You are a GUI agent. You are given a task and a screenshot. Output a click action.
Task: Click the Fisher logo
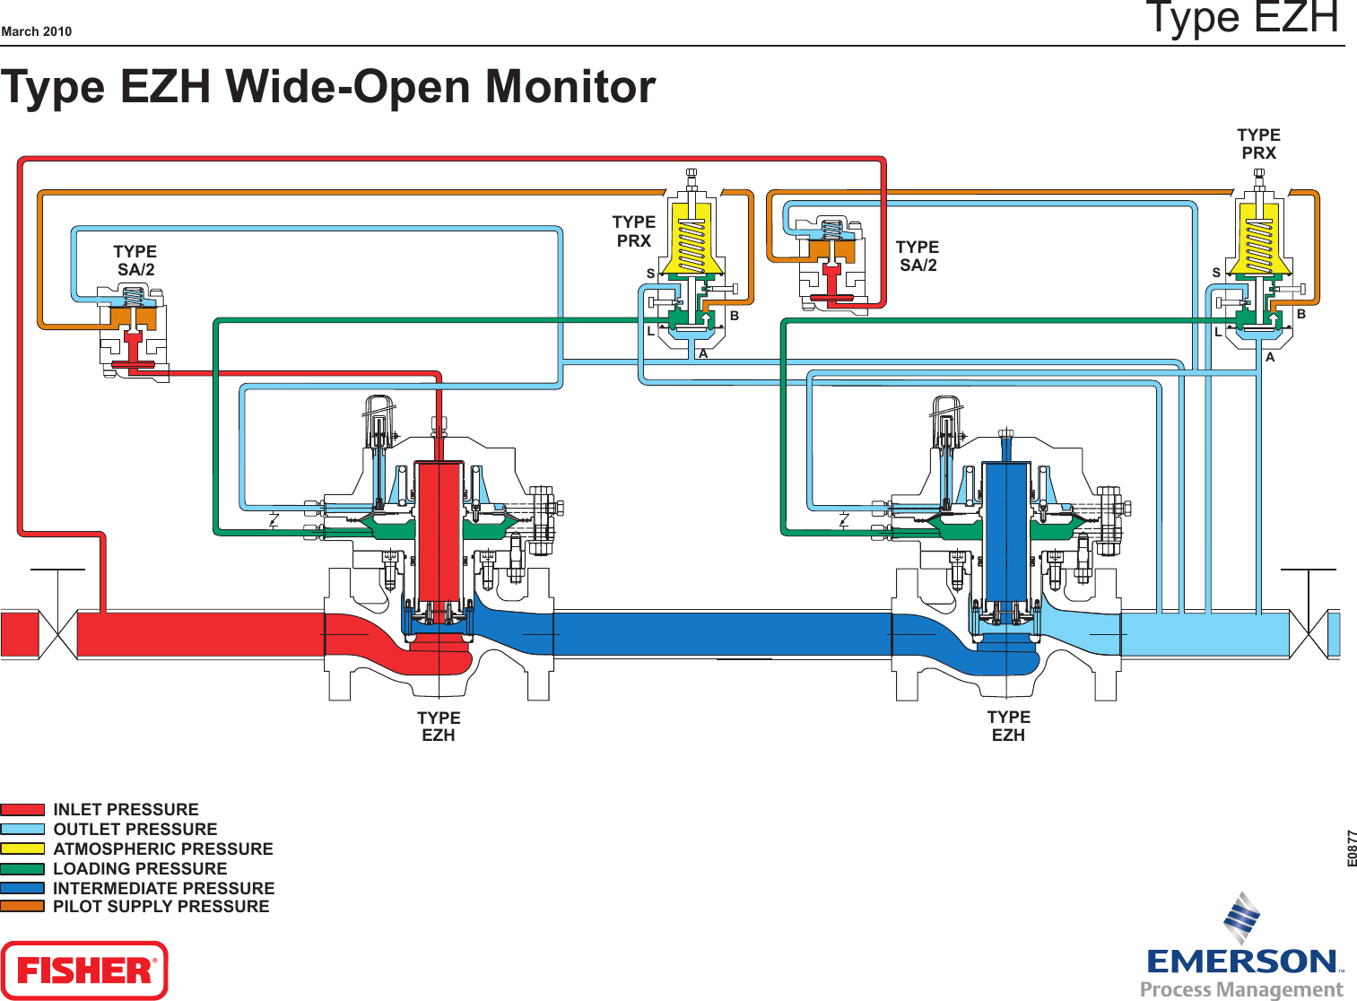(84, 970)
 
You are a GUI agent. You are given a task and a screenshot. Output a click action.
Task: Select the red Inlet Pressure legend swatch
(22, 809)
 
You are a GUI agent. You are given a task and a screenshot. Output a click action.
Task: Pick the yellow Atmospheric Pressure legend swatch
(22, 849)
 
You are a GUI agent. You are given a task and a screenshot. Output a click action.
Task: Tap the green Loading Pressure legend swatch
(22, 868)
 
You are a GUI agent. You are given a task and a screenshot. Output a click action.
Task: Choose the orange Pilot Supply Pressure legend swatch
(22, 906)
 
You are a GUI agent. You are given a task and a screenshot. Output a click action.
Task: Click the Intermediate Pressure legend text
(163, 888)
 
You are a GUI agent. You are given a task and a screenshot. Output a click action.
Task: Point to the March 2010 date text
(37, 31)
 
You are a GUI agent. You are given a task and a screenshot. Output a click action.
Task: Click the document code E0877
(1352, 848)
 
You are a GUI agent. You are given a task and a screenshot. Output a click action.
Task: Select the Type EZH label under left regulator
(439, 727)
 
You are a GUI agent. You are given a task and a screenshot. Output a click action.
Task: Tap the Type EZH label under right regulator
(1008, 726)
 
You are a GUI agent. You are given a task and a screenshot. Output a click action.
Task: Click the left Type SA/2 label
(135, 260)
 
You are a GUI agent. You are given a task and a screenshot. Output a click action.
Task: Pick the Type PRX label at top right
(1258, 144)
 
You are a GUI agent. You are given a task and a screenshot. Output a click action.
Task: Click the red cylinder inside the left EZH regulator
(439, 529)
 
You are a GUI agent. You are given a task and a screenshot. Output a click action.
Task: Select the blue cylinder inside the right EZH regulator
(1006, 529)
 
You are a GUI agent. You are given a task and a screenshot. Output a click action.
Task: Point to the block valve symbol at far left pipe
(58, 634)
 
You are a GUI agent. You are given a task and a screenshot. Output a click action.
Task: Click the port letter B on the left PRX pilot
(735, 316)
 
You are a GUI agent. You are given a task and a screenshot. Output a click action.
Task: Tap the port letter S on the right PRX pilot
(1216, 273)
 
